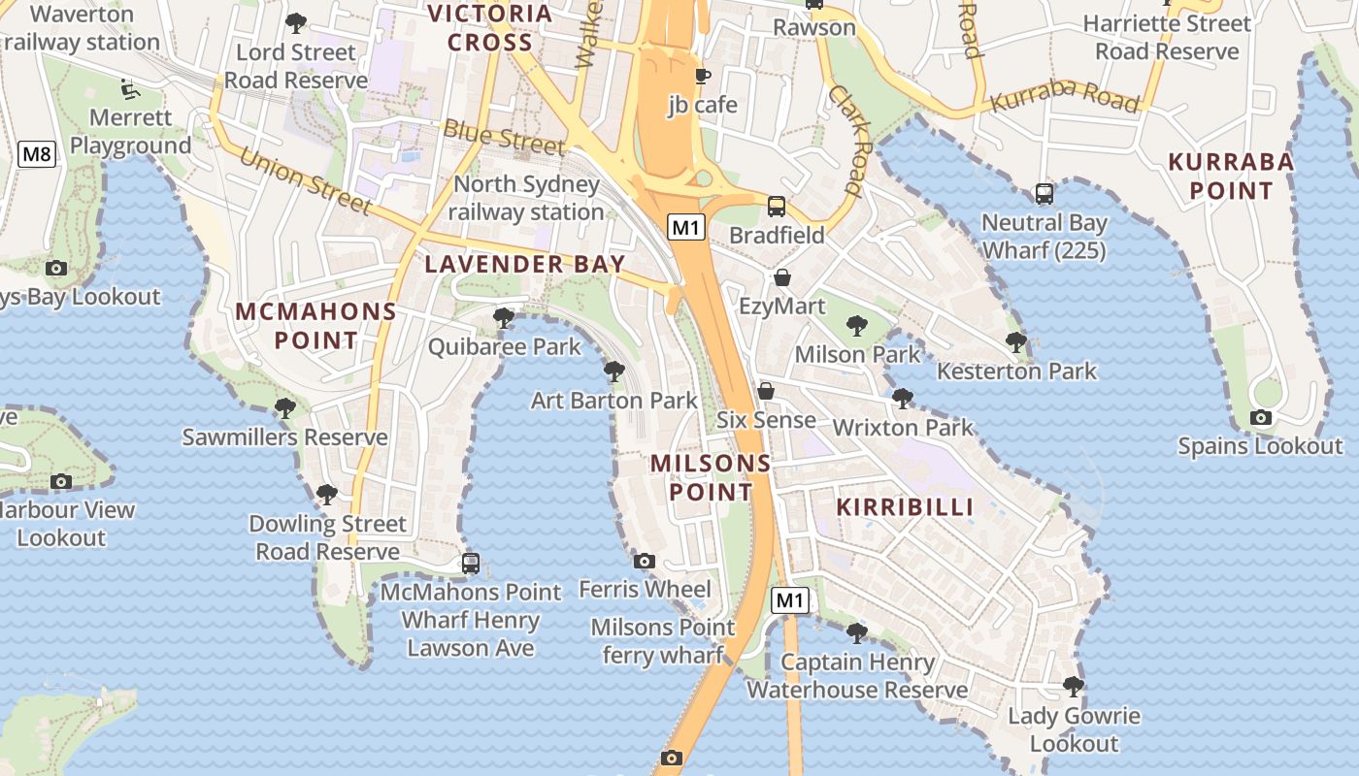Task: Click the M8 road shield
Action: click(37, 153)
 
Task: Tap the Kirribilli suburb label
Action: click(905, 506)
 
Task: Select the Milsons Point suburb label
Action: click(711, 477)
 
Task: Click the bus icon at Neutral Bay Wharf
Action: click(1044, 194)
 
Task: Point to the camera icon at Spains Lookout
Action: click(1260, 418)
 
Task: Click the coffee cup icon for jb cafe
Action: click(703, 76)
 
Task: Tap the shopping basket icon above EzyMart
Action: click(782, 278)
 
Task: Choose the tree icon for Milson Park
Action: click(856, 326)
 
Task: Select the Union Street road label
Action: click(305, 179)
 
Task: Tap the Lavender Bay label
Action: click(525, 264)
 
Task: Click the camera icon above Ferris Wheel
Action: click(645, 561)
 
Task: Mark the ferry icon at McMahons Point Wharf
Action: click(471, 563)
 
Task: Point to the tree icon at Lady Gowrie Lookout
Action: click(1073, 687)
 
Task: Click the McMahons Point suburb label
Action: click(316, 326)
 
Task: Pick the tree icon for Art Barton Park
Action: click(613, 371)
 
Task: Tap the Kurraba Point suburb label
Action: click(1231, 176)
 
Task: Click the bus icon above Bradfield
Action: click(777, 206)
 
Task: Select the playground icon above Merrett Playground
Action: click(128, 89)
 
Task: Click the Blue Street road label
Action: click(504, 138)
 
